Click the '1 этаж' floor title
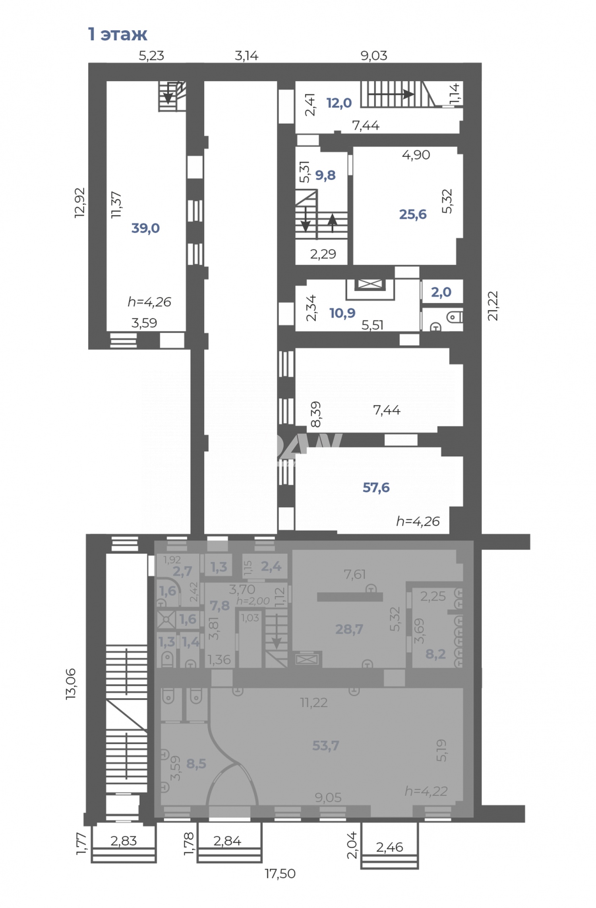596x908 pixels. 117,35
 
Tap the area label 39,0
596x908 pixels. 145,228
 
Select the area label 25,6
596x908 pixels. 412,215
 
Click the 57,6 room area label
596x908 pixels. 376,488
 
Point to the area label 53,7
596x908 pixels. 325,745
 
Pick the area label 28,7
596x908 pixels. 349,629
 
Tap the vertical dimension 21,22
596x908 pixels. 493,306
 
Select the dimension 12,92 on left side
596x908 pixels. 80,202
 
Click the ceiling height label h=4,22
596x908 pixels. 426,791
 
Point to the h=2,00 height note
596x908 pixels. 253,601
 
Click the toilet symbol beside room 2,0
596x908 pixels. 454,317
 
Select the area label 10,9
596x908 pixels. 342,313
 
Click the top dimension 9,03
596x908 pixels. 373,56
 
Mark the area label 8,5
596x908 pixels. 196,763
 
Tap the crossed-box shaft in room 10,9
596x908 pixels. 370,284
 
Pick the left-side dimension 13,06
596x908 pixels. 71,684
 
